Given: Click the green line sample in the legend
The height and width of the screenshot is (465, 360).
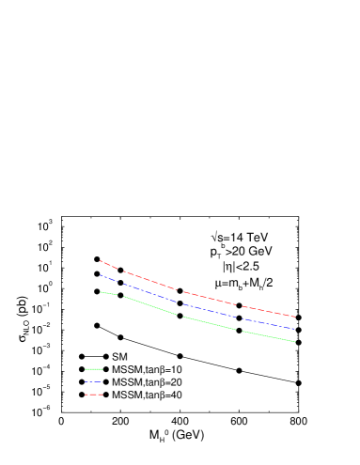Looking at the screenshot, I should [x=93, y=369].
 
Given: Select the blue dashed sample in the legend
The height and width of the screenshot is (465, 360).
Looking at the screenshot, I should [x=93, y=382].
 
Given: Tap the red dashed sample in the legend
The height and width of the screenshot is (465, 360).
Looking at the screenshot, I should [x=93, y=395].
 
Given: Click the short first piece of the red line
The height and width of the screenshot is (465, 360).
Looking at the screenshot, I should [x=108, y=265].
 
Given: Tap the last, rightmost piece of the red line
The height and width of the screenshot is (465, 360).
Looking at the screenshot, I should [x=269, y=312].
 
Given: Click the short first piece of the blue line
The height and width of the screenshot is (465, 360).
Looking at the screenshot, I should [x=108, y=279].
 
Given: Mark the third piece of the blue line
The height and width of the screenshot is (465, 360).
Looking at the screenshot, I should [x=209, y=311].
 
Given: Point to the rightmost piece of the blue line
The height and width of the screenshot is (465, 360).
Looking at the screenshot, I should [x=269, y=324].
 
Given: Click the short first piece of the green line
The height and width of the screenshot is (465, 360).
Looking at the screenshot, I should [x=108, y=293].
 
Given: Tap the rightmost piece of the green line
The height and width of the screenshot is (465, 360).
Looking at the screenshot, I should [x=269, y=336].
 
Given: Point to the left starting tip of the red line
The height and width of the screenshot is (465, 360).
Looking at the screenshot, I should [x=100, y=261].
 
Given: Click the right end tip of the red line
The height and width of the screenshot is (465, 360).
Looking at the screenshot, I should [x=295, y=318].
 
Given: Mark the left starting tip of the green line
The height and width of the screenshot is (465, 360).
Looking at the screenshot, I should [x=100, y=291].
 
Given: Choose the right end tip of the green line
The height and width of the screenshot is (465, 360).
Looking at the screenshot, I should [x=295, y=342].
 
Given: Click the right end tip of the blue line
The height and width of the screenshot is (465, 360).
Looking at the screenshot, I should [x=295, y=330].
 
